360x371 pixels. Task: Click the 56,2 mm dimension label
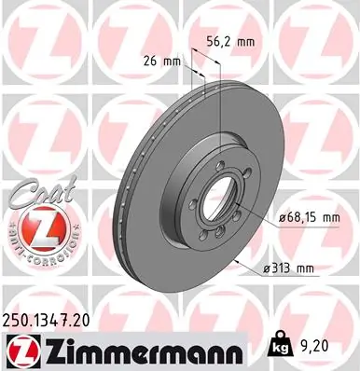tap(228, 41)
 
